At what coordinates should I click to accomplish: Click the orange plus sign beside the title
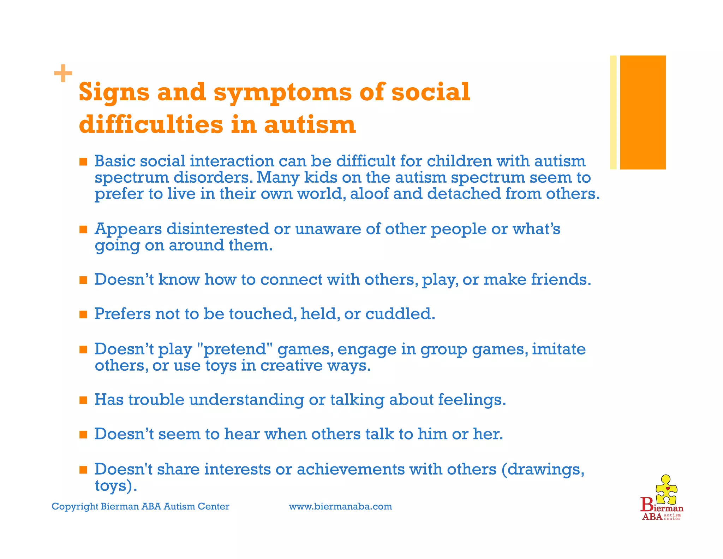(x=63, y=73)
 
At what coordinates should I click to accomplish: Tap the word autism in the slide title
(x=310, y=125)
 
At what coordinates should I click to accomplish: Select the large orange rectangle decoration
(x=643, y=112)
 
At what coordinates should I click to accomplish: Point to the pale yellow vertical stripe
(x=613, y=112)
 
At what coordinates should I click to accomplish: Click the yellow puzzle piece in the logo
(x=666, y=489)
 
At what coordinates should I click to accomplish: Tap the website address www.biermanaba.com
(x=340, y=506)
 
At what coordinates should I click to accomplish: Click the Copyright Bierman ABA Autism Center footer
(x=141, y=506)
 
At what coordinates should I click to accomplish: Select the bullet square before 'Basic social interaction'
(x=83, y=162)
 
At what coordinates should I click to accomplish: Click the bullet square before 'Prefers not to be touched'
(x=83, y=314)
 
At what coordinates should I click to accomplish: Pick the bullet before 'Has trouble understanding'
(x=83, y=400)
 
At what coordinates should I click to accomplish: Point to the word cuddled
(x=400, y=314)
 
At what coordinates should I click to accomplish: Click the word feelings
(x=472, y=400)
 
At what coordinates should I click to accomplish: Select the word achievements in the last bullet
(x=351, y=469)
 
